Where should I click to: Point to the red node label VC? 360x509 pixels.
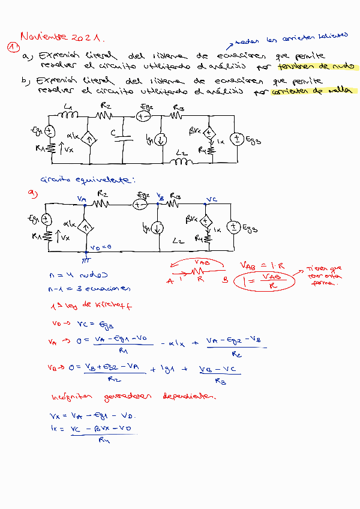211,199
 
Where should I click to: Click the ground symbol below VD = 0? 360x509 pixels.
86,260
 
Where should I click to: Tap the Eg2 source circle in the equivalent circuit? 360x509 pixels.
139,204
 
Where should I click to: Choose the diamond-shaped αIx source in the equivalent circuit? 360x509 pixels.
85,227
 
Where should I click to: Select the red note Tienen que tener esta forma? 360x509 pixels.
325,275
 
